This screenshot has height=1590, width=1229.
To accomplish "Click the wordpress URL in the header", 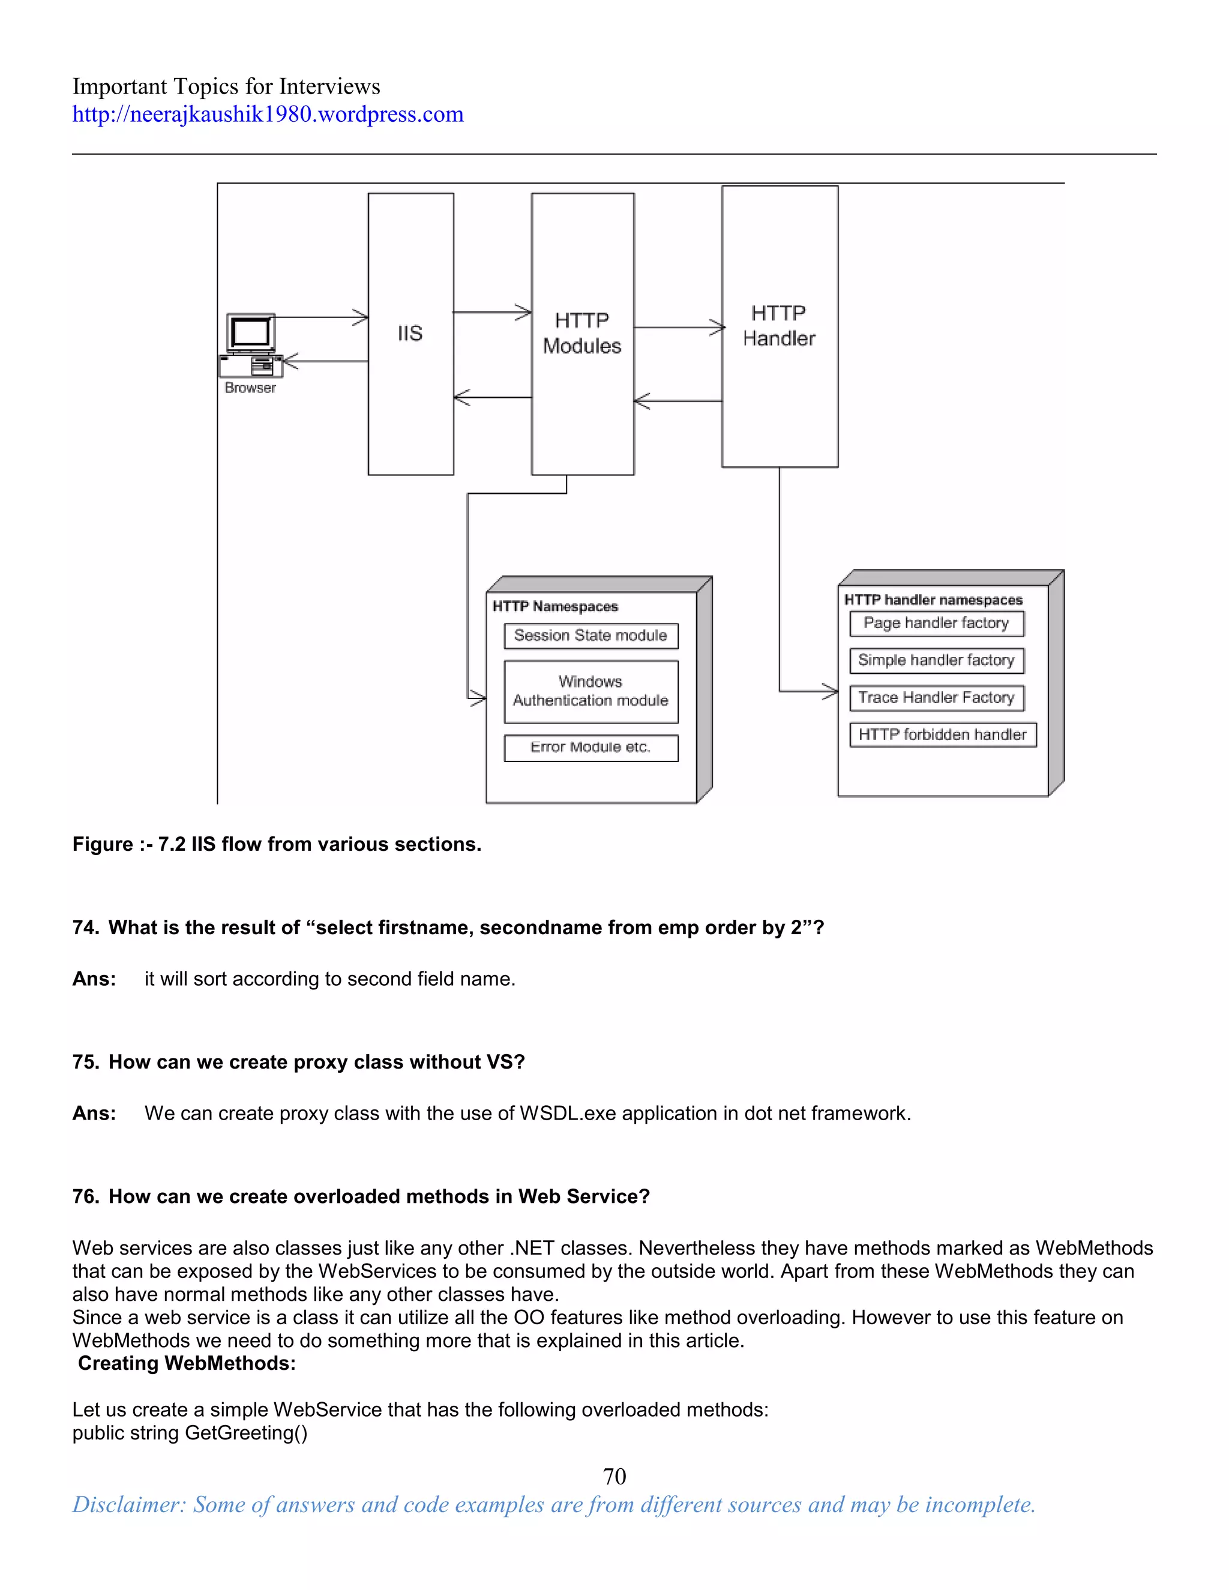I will coord(267,114).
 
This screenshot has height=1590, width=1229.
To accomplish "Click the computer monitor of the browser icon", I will coord(250,333).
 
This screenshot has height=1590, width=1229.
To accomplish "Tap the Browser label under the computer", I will coord(250,388).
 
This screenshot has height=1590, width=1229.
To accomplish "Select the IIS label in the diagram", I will coord(410,334).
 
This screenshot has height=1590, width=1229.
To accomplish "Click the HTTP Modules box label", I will coord(581,334).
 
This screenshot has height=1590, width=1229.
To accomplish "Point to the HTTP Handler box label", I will coord(778,325).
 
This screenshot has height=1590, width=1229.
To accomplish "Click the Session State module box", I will coord(590,635).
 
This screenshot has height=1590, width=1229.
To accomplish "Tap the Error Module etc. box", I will coord(590,748).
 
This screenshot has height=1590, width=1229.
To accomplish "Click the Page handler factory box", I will coord(936,623).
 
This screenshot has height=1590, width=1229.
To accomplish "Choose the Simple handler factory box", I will coord(936,661).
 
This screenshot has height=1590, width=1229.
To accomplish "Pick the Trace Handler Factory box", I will coord(936,697).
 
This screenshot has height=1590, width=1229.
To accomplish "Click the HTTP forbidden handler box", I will coord(942,734).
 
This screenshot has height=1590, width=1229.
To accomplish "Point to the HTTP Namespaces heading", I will coord(555,607).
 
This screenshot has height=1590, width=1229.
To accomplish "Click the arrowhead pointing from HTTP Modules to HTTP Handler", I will coord(718,328).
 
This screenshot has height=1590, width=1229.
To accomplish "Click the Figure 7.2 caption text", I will coord(277,845).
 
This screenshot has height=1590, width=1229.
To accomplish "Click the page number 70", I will coord(614,1476).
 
